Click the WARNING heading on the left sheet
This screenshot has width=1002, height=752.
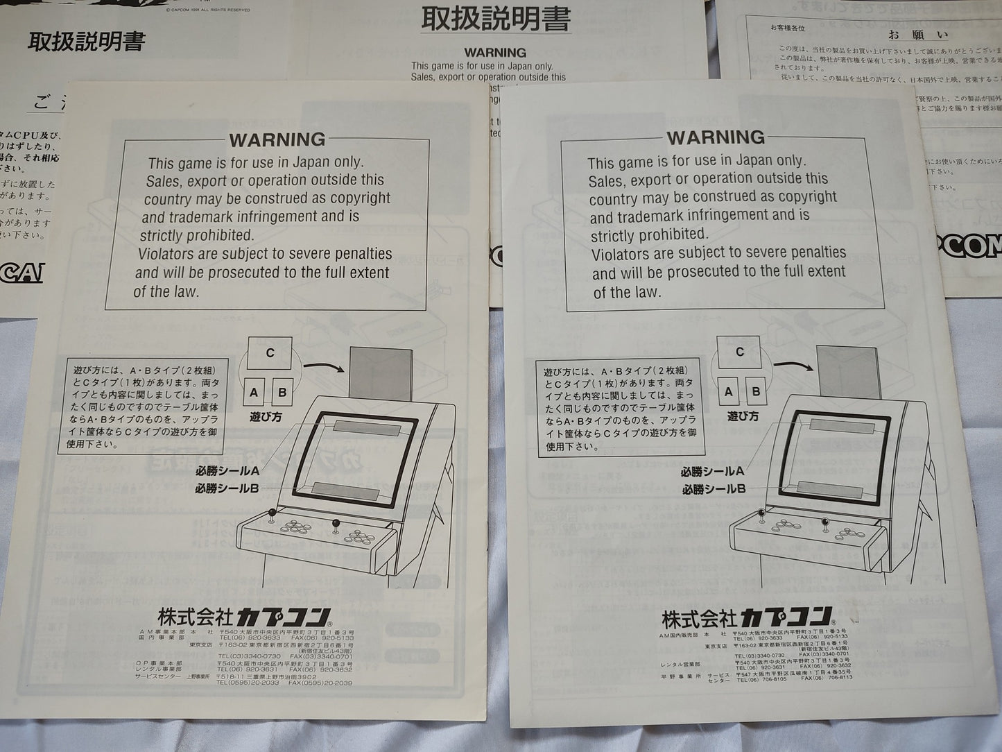277,139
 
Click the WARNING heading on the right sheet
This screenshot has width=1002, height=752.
715,137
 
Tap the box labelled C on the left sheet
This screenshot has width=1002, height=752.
270,353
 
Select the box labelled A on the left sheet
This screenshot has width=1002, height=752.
254,393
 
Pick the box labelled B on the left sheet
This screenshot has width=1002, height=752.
282,393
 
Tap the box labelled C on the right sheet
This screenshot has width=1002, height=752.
739,352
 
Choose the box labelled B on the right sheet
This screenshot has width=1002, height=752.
755,391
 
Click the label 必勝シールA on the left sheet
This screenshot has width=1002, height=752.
226,472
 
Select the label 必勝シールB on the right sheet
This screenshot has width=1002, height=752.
714,489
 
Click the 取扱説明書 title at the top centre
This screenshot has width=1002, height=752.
496,19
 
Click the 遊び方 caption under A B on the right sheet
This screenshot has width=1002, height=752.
743,416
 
